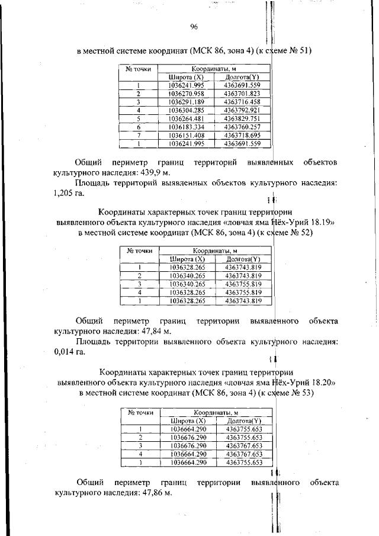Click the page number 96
[x=194, y=27]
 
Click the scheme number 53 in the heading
[x=306, y=393]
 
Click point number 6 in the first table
[x=138, y=127]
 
